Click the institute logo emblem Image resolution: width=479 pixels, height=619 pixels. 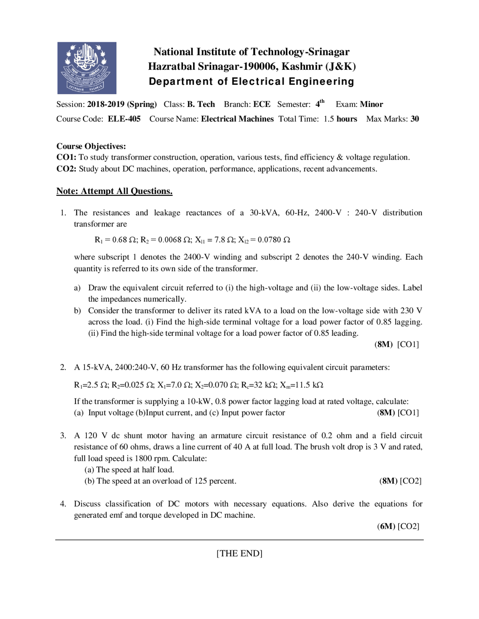coord(86,68)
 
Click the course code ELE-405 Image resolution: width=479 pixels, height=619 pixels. coord(124,119)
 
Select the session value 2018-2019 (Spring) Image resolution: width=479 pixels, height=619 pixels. coord(122,104)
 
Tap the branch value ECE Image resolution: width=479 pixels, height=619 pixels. coord(262,104)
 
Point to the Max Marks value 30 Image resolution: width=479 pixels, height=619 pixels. coord(415,119)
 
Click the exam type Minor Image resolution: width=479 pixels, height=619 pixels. coord(371,104)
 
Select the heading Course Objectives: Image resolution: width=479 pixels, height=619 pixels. coord(91,146)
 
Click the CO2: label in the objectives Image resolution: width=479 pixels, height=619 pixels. coord(66,169)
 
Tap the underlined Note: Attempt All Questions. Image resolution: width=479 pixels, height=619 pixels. coord(114,191)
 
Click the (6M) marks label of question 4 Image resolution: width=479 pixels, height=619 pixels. coord(386,526)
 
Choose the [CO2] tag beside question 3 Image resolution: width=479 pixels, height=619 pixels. coord(411,481)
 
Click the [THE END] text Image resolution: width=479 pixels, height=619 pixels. coord(239,554)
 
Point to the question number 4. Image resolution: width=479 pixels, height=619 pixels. coord(63,504)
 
